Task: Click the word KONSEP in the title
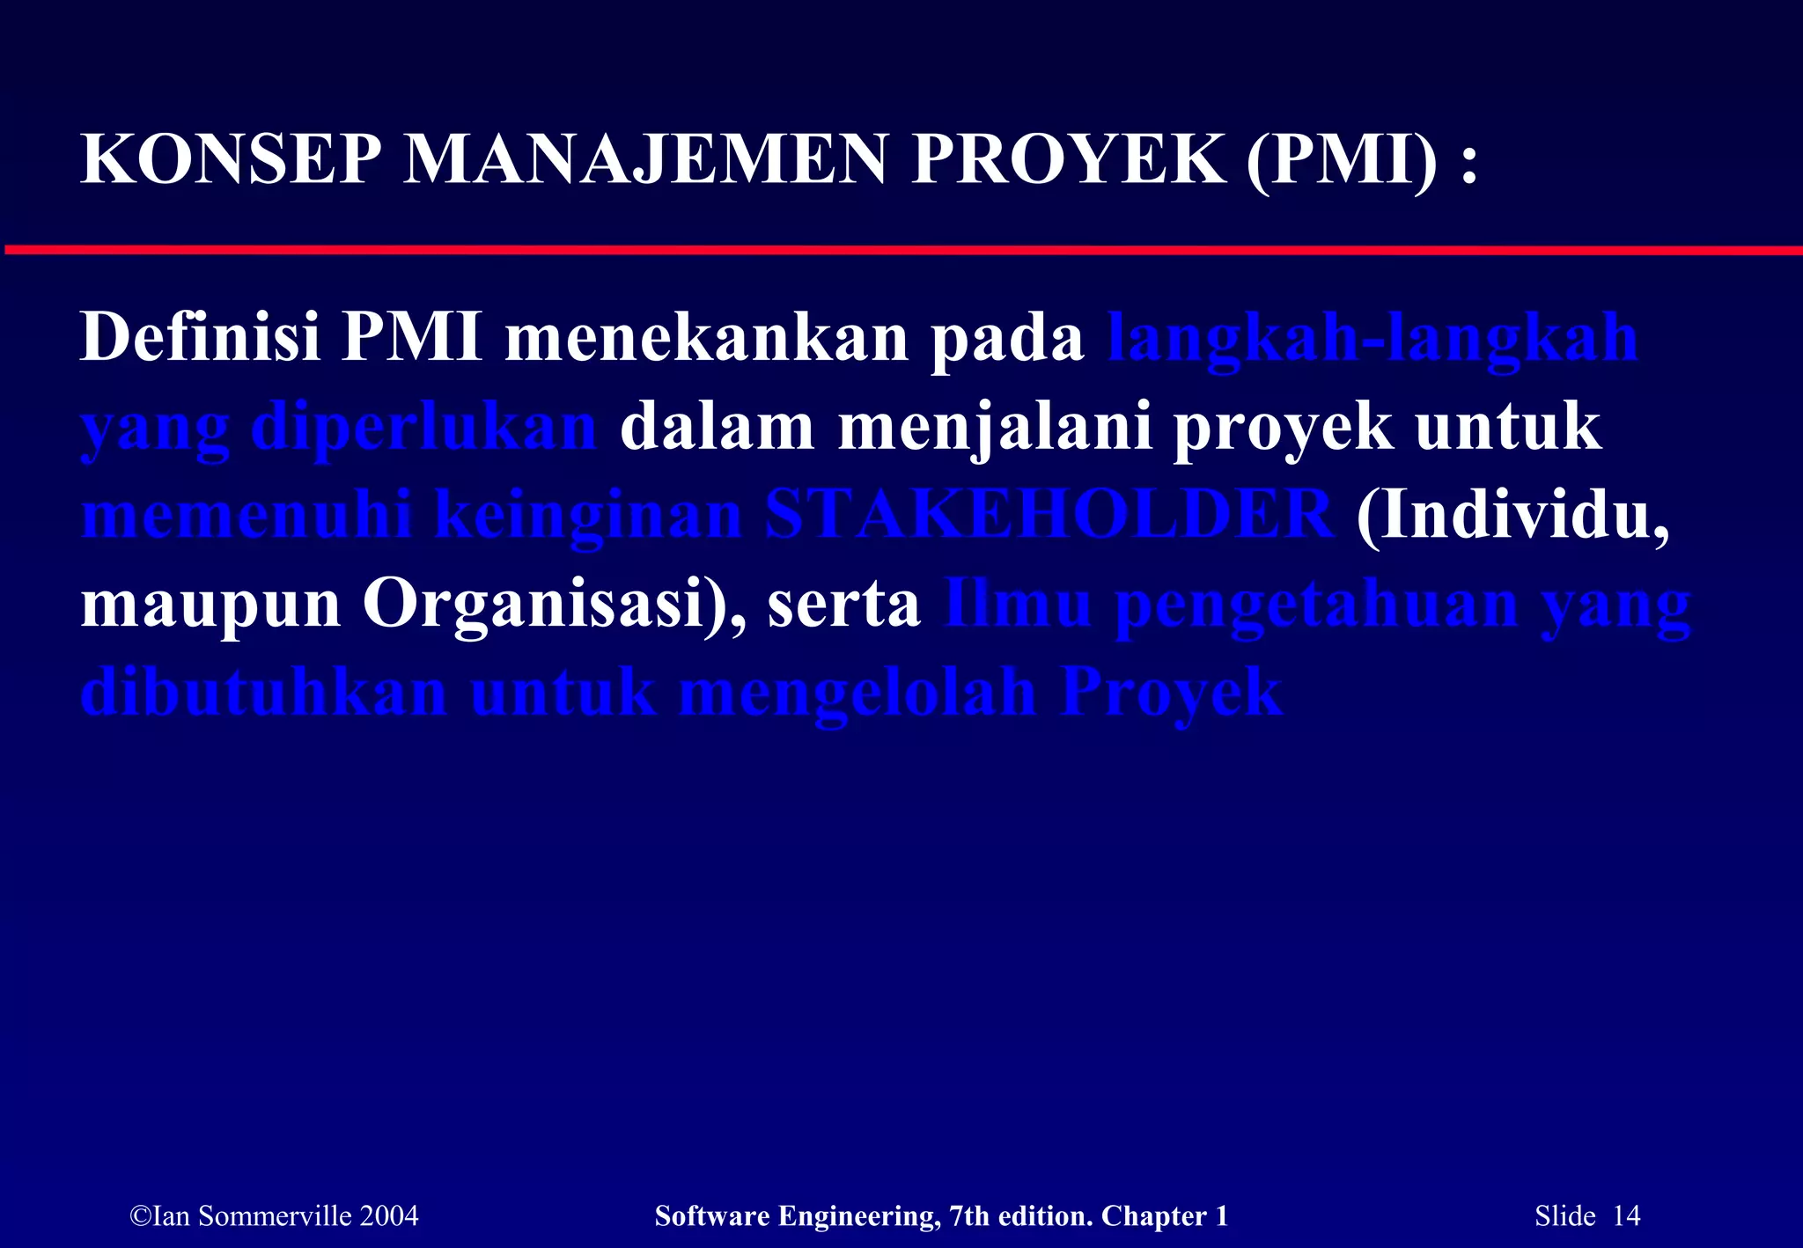point(231,160)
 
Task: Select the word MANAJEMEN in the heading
point(645,160)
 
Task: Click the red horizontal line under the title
point(901,251)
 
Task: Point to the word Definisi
point(200,337)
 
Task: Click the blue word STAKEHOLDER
point(1049,516)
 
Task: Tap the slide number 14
point(1626,1216)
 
